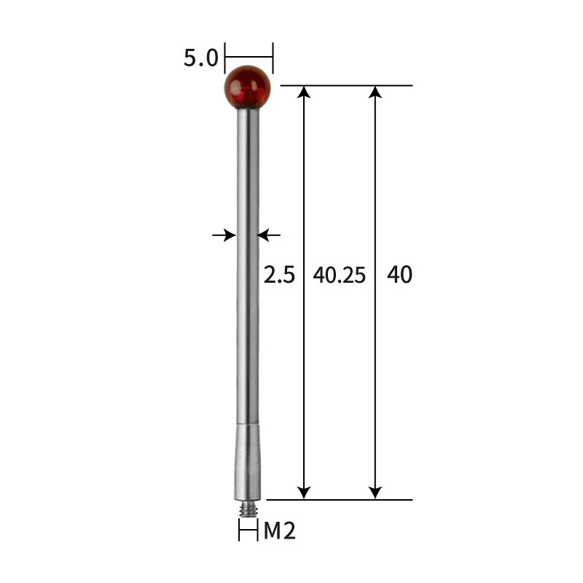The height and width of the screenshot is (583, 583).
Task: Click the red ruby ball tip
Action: pyautogui.click(x=249, y=87)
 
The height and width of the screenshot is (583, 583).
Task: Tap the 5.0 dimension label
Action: pyautogui.click(x=200, y=58)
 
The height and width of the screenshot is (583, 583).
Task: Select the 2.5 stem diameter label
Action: pyautogui.click(x=278, y=275)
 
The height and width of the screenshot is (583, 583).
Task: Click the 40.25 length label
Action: pyautogui.click(x=339, y=275)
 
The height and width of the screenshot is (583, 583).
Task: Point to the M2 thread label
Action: pyautogui.click(x=279, y=531)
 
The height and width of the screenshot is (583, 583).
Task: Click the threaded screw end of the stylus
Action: pyautogui.click(x=249, y=507)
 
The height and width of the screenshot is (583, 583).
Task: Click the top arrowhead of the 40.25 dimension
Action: pyautogui.click(x=305, y=93)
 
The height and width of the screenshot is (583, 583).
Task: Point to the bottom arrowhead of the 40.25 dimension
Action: pyautogui.click(x=305, y=493)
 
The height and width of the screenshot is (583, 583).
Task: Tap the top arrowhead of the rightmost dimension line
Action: pyautogui.click(x=375, y=93)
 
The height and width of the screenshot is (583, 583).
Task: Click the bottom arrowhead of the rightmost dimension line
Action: pyautogui.click(x=375, y=493)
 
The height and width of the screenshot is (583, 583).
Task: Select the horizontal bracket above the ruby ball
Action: pyautogui.click(x=249, y=55)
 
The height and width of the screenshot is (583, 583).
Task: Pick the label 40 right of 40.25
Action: pyautogui.click(x=399, y=275)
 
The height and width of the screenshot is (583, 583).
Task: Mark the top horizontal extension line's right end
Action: pyautogui.click(x=411, y=85)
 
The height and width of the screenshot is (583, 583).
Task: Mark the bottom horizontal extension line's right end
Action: pyautogui.click(x=411, y=500)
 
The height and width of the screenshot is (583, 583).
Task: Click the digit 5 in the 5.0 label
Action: pyautogui.click(x=189, y=58)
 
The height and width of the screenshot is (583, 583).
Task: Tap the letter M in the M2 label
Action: pyautogui.click(x=272, y=531)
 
